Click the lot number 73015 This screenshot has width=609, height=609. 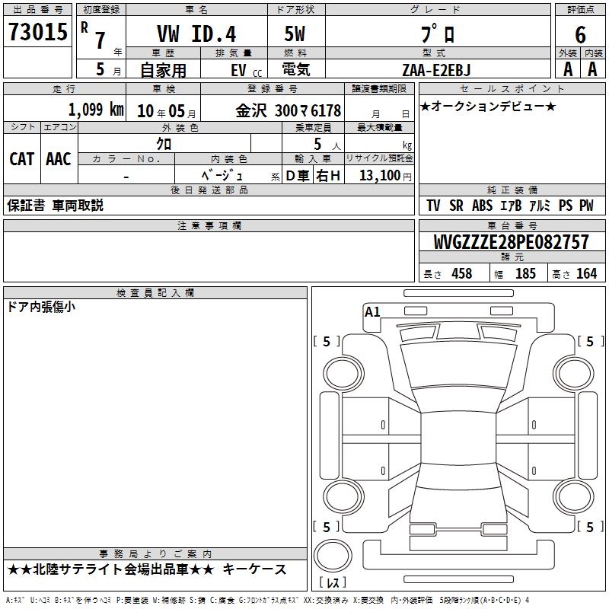(38, 32)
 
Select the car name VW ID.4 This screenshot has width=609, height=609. (196, 33)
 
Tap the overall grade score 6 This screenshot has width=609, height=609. (580, 34)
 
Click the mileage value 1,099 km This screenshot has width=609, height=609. (96, 110)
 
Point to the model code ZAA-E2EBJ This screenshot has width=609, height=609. (436, 70)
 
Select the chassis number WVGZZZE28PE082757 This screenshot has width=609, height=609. (511, 242)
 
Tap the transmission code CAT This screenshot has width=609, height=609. (22, 159)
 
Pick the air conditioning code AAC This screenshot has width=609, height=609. (59, 159)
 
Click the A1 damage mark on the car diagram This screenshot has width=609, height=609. (372, 311)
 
